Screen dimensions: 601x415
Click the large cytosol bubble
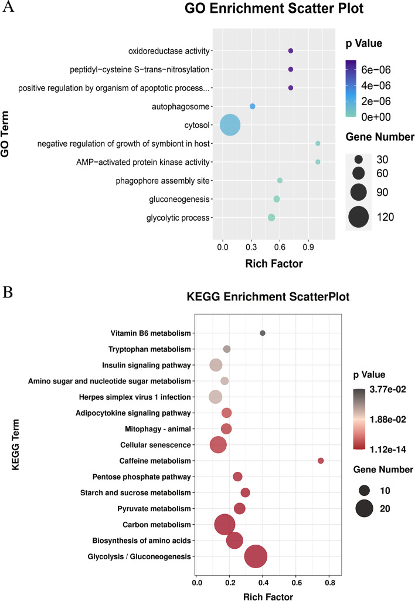point(230,125)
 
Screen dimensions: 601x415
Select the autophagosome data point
point(252,106)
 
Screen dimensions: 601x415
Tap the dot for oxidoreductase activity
point(291,52)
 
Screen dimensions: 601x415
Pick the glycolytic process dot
point(271,218)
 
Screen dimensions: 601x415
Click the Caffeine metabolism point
point(321,461)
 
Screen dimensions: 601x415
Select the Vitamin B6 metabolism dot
point(263,333)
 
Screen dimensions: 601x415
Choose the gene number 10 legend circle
point(364,490)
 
